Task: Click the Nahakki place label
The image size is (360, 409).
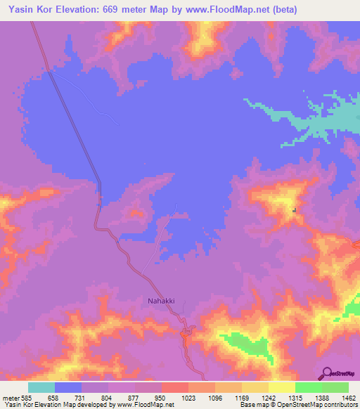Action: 162,301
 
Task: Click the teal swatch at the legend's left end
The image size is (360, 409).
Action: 41,387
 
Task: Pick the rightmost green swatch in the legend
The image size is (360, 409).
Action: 335,387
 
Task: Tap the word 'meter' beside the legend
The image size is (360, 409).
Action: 9,398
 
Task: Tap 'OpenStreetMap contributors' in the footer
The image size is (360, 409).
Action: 324,405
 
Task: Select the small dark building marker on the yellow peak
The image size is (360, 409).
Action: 295,209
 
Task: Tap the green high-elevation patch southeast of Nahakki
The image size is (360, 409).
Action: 246,344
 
